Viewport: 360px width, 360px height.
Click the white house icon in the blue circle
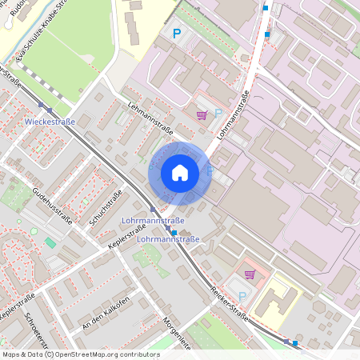(180, 172)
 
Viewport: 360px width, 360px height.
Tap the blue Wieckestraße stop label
(50, 122)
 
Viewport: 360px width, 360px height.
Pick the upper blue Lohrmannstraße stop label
(153, 220)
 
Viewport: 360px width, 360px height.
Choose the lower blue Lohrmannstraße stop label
(168, 239)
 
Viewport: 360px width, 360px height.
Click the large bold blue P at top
(177, 34)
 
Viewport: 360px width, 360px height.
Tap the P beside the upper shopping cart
(218, 114)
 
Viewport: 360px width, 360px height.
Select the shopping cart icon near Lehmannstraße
(202, 114)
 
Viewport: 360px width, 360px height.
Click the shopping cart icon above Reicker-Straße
(250, 274)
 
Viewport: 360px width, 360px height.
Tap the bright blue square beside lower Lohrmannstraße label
(174, 231)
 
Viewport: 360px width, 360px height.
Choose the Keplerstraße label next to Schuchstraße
(126, 239)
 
